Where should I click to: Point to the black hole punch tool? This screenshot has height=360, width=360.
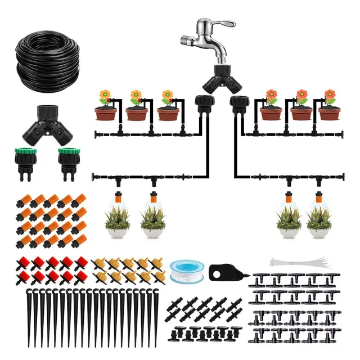click(x=225, y=272)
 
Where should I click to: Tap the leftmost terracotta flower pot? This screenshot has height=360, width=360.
click(x=105, y=113)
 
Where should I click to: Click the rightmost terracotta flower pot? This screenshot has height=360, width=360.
click(x=329, y=113)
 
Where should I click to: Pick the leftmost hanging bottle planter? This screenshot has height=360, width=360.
click(x=118, y=217)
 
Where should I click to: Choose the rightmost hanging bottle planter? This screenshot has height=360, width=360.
click(x=319, y=217)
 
